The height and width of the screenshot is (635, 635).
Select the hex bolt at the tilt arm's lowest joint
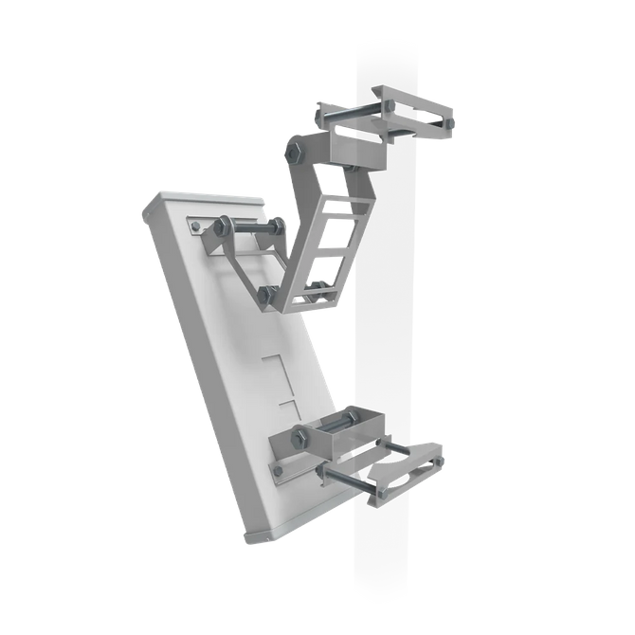268,293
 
